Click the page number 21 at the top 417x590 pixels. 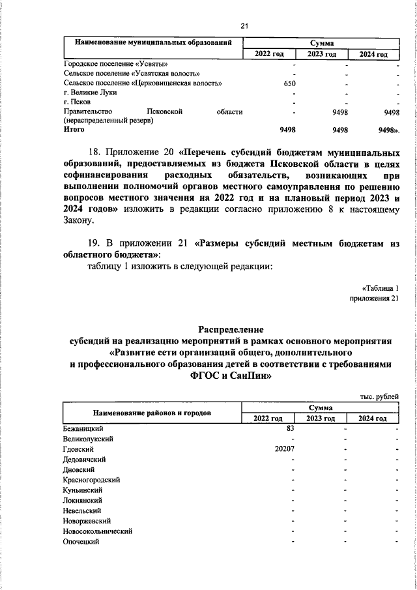point(244,25)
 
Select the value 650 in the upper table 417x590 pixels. point(290,84)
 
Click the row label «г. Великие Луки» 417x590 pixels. point(86,93)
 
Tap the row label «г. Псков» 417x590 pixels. point(77,102)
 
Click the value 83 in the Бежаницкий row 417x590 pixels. point(291,429)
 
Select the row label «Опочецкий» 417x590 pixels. point(81,542)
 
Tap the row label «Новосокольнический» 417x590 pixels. point(98,531)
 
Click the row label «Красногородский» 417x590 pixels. point(90,480)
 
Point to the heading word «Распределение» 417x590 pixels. point(231,329)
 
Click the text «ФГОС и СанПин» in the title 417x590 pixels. point(231,376)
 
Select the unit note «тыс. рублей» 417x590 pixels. point(379,396)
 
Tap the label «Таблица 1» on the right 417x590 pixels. point(379,288)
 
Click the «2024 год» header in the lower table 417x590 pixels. point(373,419)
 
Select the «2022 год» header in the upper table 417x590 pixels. point(268,54)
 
